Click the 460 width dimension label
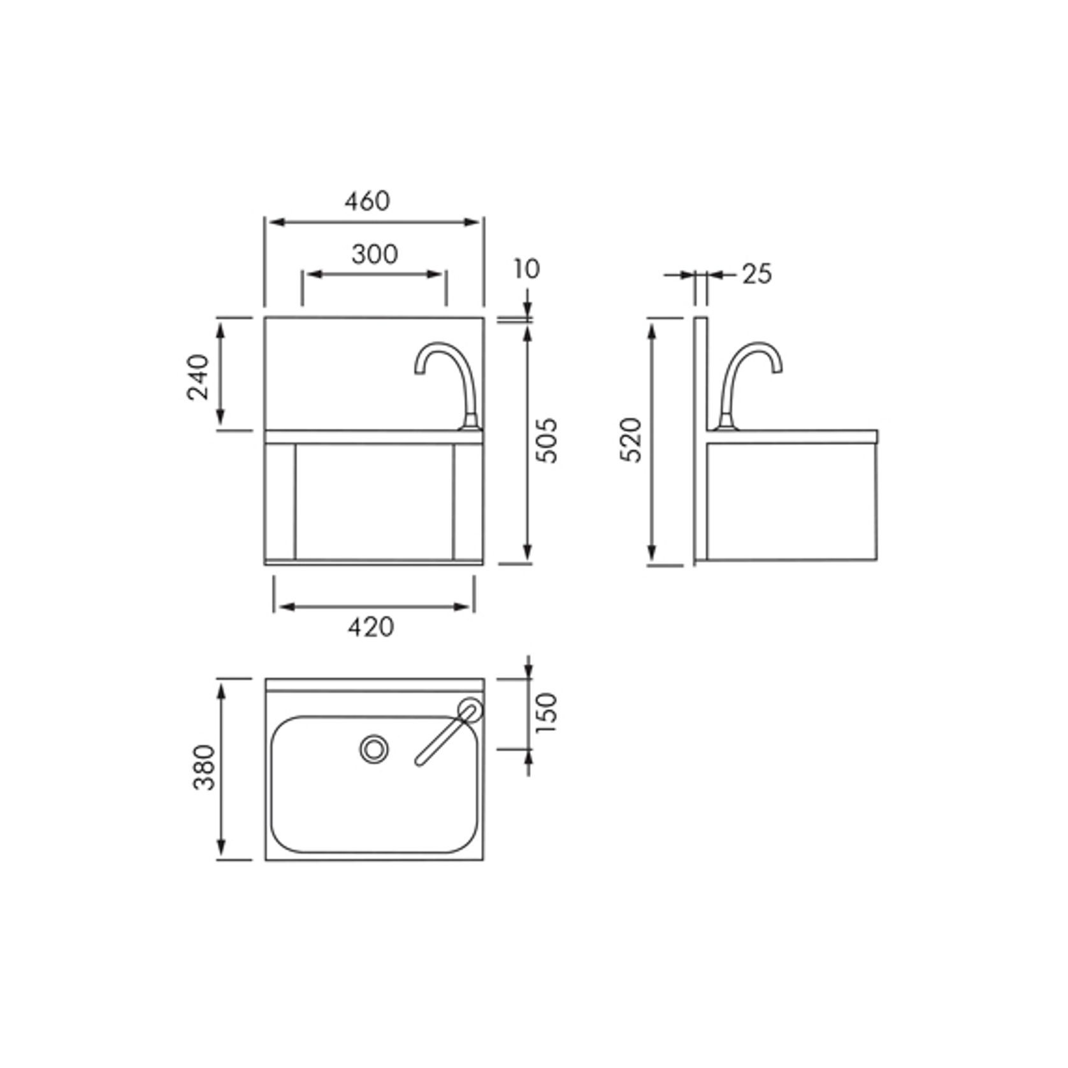[367, 201]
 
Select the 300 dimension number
[375, 254]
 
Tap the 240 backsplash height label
[199, 376]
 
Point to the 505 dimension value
[547, 440]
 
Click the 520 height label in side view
[631, 440]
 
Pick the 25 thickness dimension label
[756, 274]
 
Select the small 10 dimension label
[527, 269]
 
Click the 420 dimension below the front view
[371, 627]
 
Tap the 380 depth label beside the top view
[205, 767]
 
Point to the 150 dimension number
[547, 712]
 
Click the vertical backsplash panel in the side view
[700, 440]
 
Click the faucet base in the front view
[471, 421]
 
